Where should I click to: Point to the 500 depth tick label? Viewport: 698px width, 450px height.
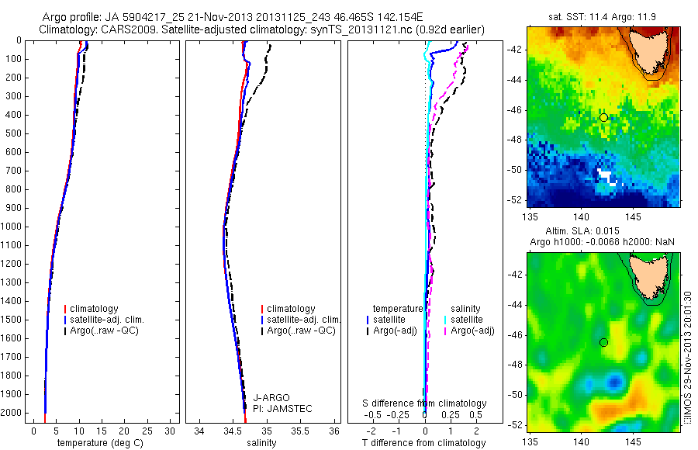(x=13, y=133)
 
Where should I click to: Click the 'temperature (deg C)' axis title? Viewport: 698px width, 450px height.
(x=98, y=443)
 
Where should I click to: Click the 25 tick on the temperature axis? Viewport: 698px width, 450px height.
(x=148, y=431)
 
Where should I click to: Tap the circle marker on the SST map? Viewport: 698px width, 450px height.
(x=603, y=117)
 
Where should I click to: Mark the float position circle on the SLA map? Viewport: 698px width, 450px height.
(x=603, y=342)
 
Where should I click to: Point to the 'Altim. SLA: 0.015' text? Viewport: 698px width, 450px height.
(x=603, y=232)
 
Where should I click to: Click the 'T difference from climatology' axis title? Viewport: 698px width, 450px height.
(x=424, y=443)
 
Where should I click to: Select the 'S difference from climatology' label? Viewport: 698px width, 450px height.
(x=425, y=404)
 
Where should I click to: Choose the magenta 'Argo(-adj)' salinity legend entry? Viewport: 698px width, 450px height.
(x=472, y=331)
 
